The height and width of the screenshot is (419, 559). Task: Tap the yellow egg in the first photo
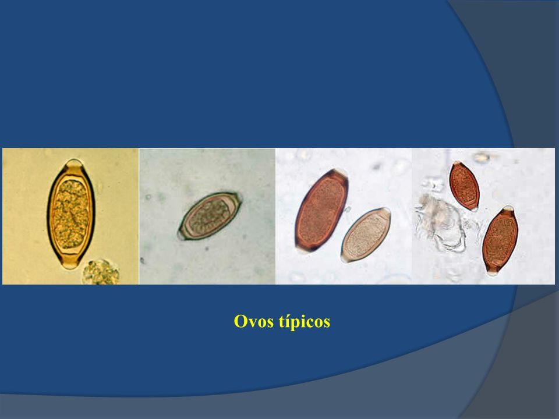coord(71,214)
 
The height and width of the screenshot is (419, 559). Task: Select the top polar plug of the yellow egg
coord(74,164)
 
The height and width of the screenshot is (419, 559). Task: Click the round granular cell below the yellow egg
coord(101,272)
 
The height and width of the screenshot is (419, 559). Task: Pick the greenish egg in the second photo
coord(210,215)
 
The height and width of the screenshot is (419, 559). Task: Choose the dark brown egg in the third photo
coord(321,211)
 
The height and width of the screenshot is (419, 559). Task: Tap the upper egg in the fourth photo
coord(464,186)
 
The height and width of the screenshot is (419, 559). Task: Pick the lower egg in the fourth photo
coord(501,240)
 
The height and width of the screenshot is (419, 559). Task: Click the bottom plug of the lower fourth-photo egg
coord(493,272)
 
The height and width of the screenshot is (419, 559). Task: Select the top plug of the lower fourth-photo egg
coord(508,209)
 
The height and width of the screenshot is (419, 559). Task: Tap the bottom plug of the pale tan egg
coord(345,258)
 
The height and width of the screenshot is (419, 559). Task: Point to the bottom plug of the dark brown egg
coord(302,249)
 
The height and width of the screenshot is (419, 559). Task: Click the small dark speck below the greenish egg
coord(207,248)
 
